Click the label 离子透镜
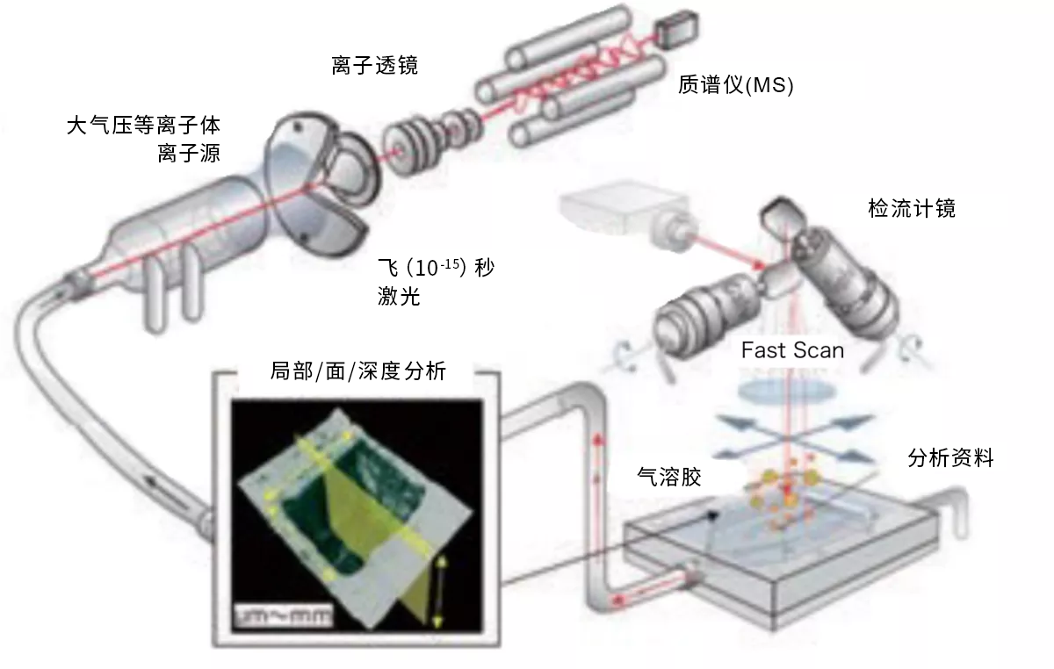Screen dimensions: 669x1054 [x=368, y=64]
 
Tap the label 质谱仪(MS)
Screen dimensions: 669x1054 [x=736, y=84]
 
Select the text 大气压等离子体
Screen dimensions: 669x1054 [x=143, y=126]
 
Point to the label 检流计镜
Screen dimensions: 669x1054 [x=910, y=209]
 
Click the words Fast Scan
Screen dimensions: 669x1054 [x=792, y=349]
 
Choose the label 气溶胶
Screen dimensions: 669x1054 [x=668, y=476]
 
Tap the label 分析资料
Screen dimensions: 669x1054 [x=949, y=457]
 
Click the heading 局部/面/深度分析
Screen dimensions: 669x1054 [x=357, y=371]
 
